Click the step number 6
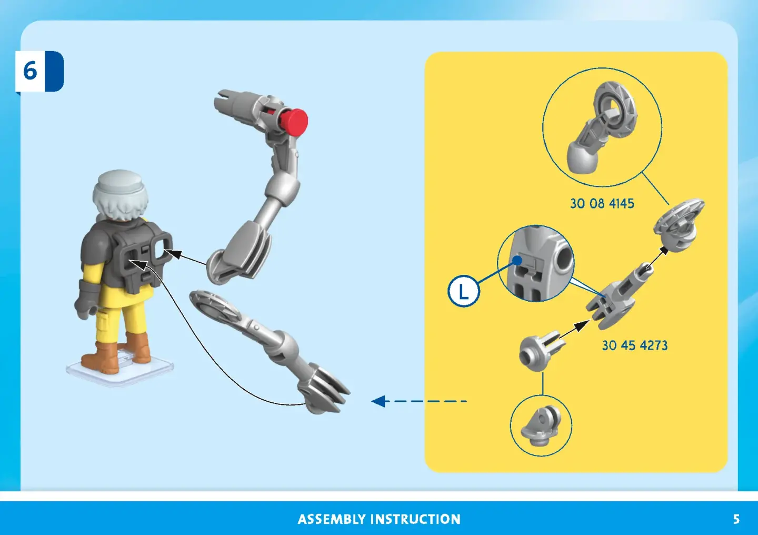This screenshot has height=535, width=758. [30, 71]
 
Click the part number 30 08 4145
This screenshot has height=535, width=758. [602, 203]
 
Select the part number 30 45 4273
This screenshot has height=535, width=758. [635, 345]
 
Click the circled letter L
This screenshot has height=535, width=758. [464, 291]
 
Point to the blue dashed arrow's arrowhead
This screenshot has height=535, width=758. [378, 401]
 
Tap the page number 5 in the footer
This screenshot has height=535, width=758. [736, 519]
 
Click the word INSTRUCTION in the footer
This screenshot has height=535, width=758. [415, 519]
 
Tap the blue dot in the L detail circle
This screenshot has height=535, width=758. [517, 260]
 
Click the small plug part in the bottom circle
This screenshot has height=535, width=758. [541, 425]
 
